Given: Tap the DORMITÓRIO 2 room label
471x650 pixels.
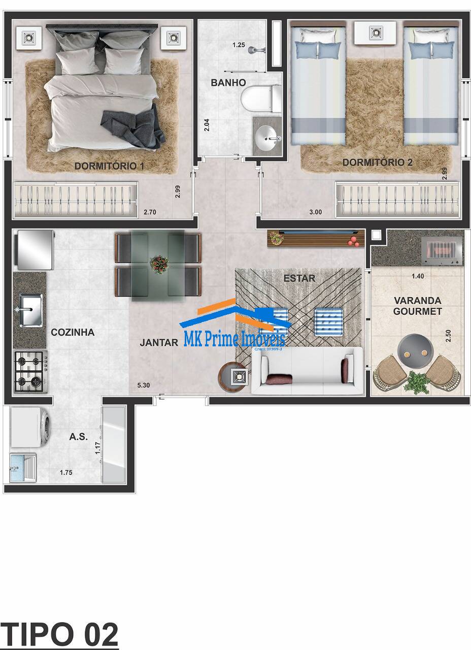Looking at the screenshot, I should (x=377, y=162).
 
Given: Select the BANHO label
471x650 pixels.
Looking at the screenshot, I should (x=228, y=82).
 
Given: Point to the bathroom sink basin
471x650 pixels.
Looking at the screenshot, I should (x=267, y=136).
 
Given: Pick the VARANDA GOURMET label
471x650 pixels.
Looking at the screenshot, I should (x=418, y=306).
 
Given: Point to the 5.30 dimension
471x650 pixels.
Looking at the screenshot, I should (x=144, y=385).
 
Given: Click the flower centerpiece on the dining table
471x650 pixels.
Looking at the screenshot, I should (x=159, y=264).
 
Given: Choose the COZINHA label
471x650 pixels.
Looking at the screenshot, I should (x=73, y=333).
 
